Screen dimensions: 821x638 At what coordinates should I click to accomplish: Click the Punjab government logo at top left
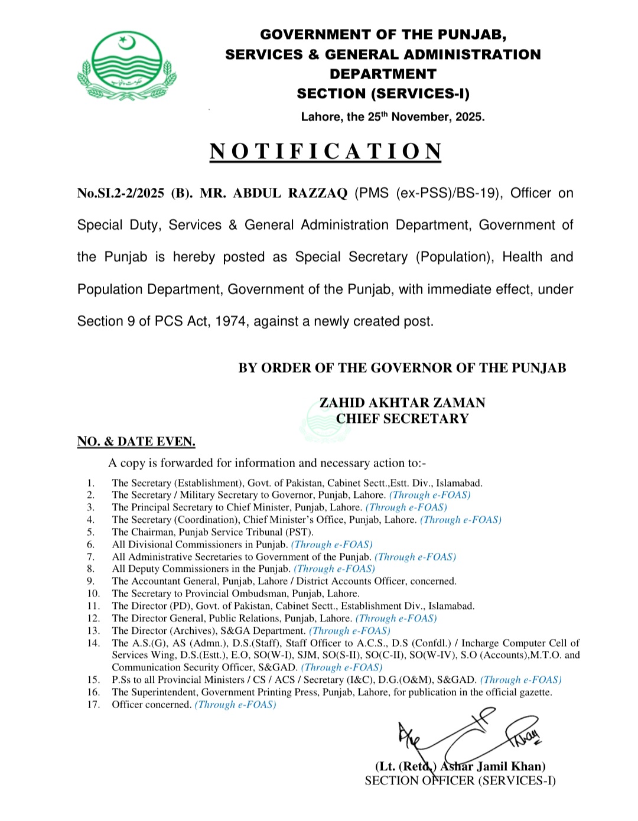point(127,66)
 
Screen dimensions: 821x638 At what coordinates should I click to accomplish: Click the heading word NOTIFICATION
point(325,152)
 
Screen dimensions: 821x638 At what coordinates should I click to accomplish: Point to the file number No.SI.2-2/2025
point(121,193)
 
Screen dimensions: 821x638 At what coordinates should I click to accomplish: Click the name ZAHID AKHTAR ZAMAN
point(402,403)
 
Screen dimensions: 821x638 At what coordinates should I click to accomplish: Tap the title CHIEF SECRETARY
point(402,419)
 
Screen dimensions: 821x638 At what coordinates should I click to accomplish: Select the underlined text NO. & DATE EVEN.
point(136,442)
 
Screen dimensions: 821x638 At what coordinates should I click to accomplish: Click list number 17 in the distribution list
point(93,705)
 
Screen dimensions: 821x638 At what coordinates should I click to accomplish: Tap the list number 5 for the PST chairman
point(90,532)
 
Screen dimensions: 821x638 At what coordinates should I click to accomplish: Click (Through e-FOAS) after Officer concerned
point(235,705)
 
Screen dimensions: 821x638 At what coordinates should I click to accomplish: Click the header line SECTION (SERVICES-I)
point(383,94)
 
